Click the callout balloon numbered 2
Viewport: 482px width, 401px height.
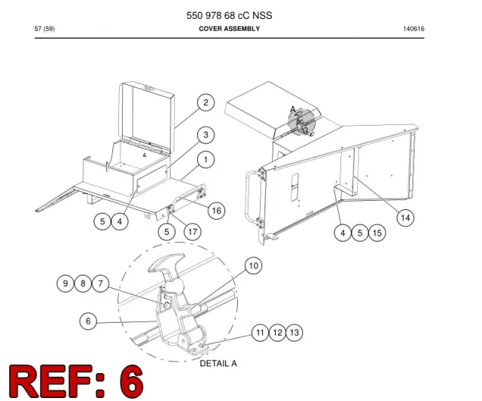point(206,102)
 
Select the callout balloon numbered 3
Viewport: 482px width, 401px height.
point(206,135)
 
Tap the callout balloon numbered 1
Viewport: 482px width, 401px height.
point(206,159)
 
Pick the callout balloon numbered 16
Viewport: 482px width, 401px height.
point(216,211)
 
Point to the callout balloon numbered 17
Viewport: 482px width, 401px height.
point(193,232)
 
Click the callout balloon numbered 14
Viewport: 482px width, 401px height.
point(405,218)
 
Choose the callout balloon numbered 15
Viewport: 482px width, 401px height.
point(377,232)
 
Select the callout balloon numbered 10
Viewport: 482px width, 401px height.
point(253,266)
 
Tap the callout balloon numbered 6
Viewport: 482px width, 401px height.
point(88,321)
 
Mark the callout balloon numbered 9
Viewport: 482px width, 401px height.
point(66,283)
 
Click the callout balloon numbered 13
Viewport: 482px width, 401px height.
point(294,333)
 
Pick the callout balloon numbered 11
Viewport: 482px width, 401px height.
point(260,333)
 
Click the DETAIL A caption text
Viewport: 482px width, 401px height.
point(218,363)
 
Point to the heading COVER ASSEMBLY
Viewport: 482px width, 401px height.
point(229,29)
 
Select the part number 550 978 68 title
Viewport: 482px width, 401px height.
point(229,15)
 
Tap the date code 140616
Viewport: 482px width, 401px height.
point(413,29)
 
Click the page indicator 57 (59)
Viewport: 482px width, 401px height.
point(44,29)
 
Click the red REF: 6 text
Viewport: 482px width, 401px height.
point(76,381)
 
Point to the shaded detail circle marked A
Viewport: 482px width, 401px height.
point(301,122)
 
